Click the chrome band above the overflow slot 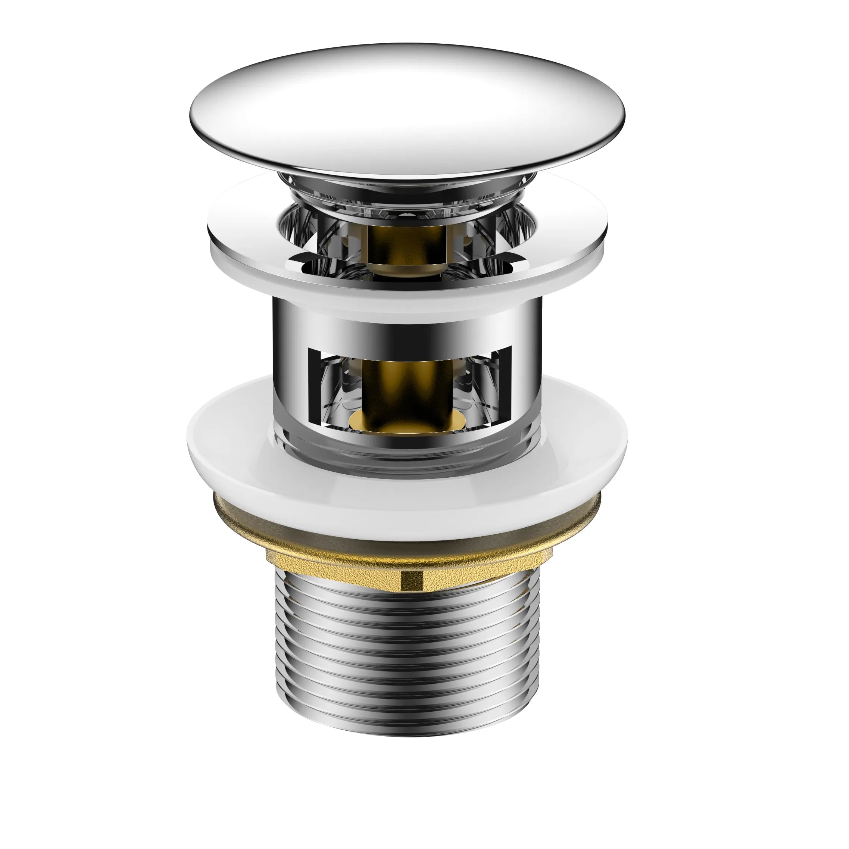coord(406,330)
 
